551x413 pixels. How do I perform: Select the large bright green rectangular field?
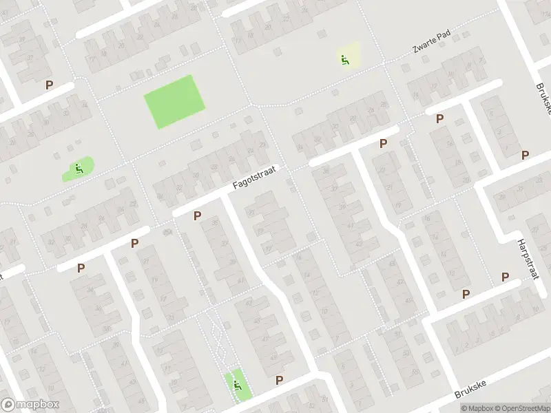[x=175, y=102]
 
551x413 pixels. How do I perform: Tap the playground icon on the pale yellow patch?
[x=344, y=59]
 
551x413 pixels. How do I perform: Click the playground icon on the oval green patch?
[x=79, y=168]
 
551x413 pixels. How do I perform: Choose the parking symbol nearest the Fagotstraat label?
[x=198, y=216]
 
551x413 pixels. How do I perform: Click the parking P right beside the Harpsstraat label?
[x=505, y=277]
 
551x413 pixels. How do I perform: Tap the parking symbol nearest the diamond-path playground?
[x=279, y=380]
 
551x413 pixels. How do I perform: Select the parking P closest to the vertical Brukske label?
[x=526, y=155]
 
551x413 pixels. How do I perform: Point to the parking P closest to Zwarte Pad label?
[x=439, y=118]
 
